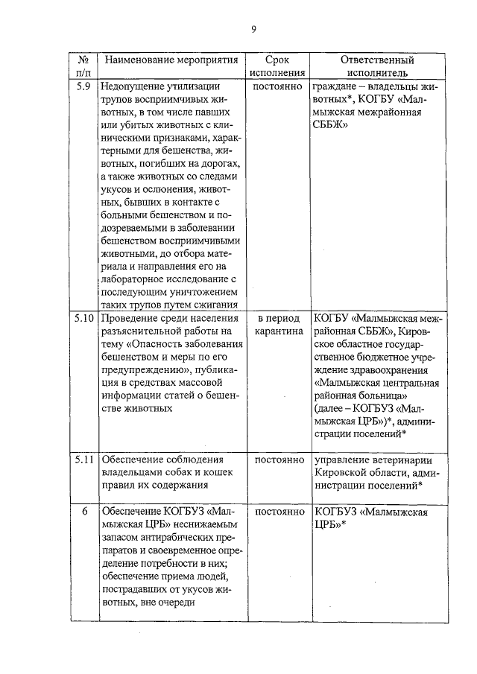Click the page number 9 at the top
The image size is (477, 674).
point(253,29)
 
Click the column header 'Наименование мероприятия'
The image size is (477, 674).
point(171,60)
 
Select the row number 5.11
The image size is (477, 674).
point(84,459)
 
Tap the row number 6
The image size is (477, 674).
point(84,512)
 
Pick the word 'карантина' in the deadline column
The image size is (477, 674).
point(277,331)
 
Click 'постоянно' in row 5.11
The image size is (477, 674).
point(277,459)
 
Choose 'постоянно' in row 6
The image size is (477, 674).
point(277,512)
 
